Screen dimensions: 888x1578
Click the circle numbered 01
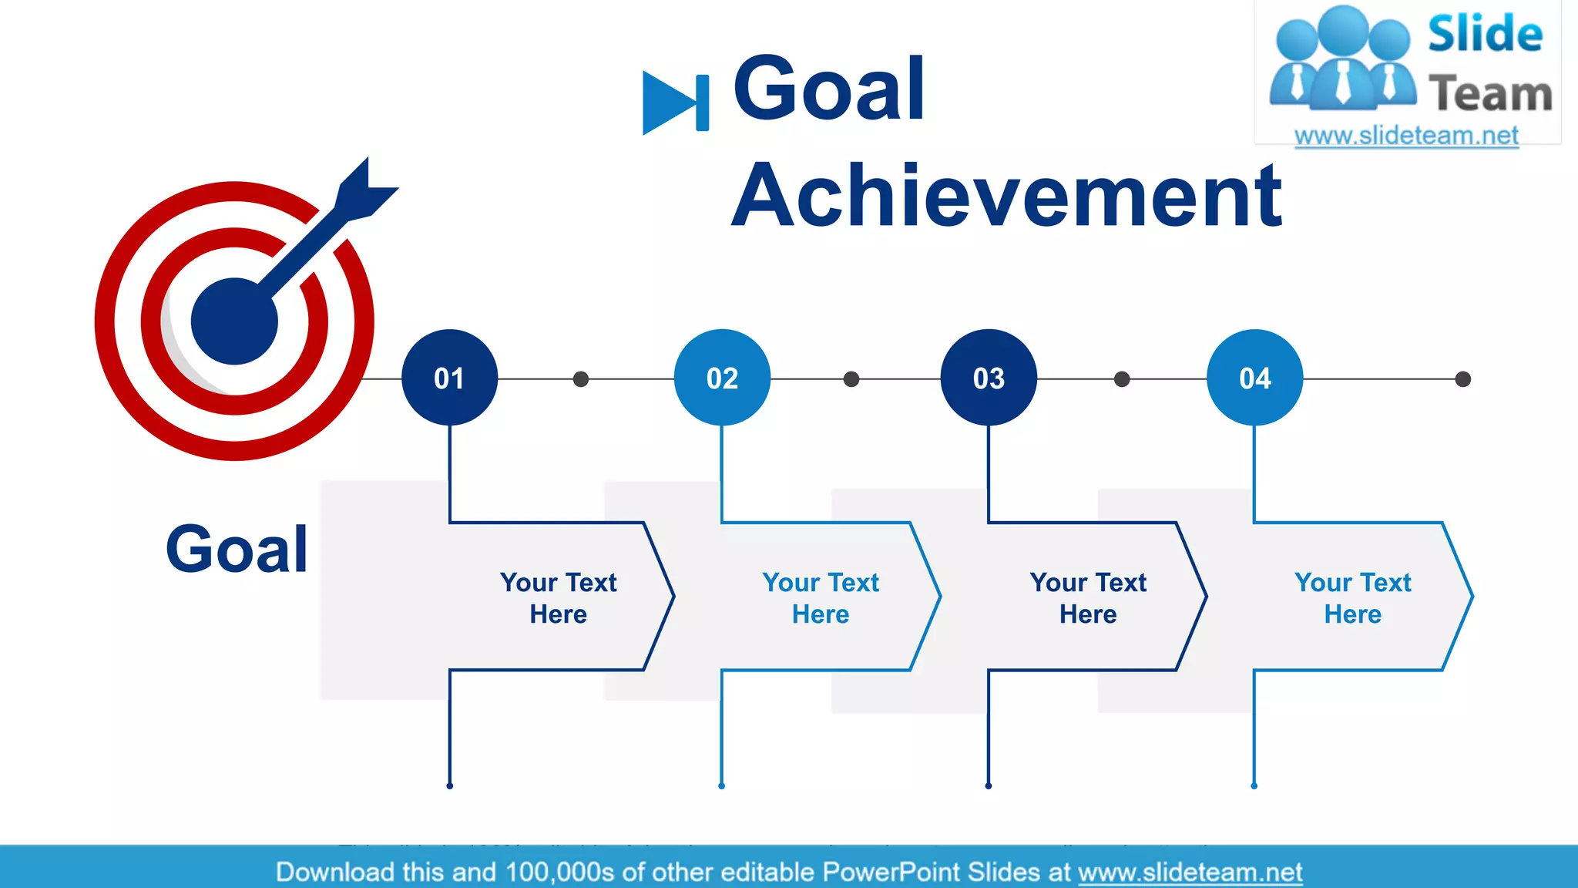point(449,378)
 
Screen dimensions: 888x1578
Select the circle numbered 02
point(722,378)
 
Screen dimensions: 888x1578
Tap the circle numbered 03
point(989,378)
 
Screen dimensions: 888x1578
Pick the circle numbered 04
point(1254,378)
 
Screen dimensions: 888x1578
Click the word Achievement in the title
point(1006,197)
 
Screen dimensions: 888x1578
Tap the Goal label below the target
point(237,550)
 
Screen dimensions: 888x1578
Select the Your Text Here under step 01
point(558,597)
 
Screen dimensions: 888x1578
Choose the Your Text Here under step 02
point(821,597)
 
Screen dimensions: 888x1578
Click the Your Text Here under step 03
point(1088,597)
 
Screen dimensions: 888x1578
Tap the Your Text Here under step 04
point(1353,597)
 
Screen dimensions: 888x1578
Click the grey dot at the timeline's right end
point(1462,379)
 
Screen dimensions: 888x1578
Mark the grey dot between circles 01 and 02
point(581,379)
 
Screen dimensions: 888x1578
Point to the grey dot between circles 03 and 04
point(1122,379)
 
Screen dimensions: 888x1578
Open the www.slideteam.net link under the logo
point(1406,136)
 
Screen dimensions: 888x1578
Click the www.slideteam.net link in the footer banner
point(1190,872)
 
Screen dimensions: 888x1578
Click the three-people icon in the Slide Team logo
point(1342,58)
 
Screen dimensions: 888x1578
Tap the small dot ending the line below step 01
point(450,785)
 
